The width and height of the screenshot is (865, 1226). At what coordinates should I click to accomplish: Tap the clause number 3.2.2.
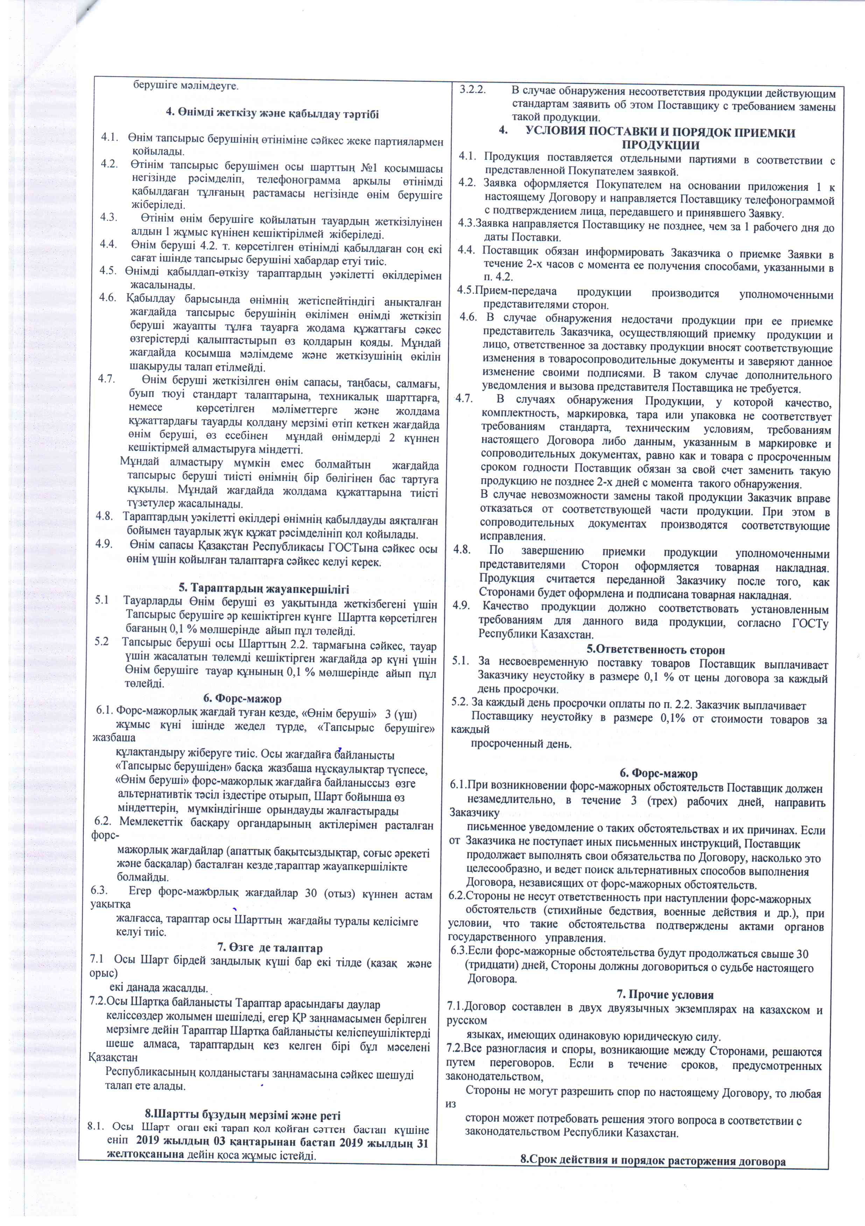(472, 89)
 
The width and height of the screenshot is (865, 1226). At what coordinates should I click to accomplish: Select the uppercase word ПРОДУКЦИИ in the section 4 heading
(661, 145)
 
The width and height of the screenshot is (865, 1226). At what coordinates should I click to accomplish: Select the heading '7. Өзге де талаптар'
(270, 948)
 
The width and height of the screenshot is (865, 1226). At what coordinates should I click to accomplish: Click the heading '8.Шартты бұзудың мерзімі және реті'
(242, 1115)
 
